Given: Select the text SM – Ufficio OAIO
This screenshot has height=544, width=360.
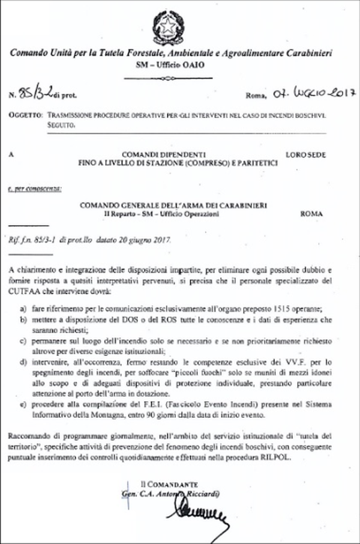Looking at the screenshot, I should pyautogui.click(x=180, y=64).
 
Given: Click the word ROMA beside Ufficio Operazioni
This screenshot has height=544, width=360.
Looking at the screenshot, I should pyautogui.click(x=311, y=213).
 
